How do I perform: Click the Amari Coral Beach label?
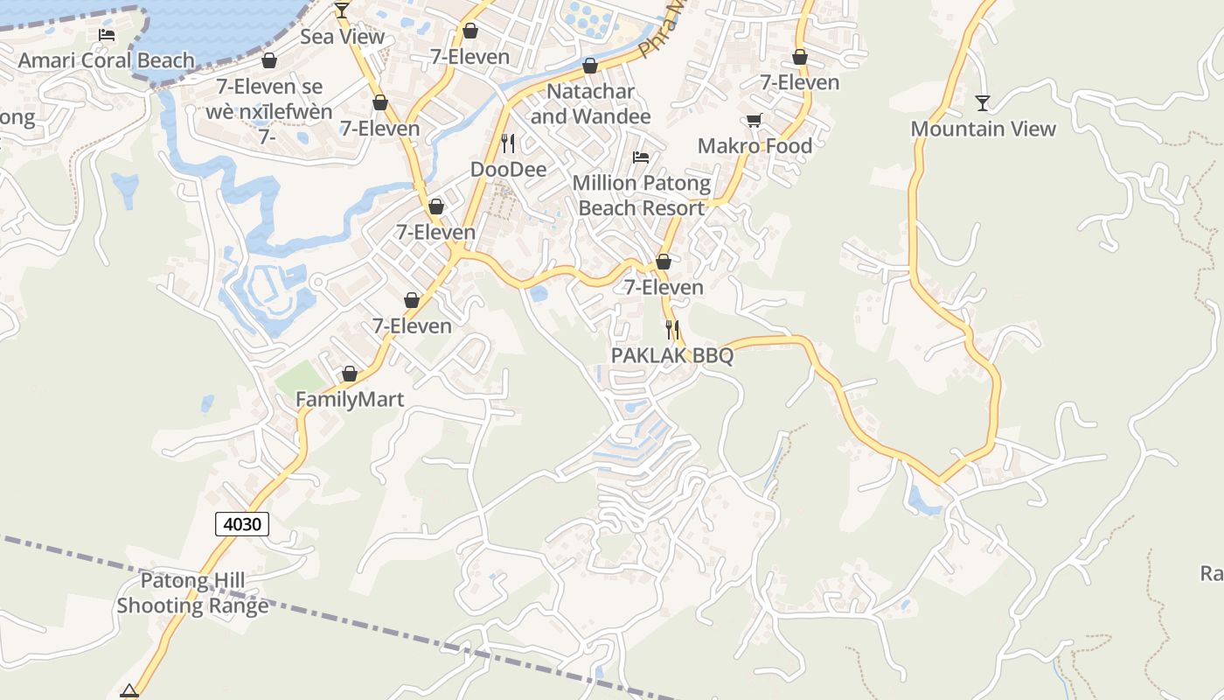(107, 60)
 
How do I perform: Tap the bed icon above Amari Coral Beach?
(107, 35)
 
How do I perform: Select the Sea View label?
(342, 37)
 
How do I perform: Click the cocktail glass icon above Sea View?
(342, 10)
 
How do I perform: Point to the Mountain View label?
(984, 129)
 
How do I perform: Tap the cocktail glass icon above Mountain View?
(983, 103)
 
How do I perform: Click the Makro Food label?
(755, 146)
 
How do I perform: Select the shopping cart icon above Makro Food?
(754, 120)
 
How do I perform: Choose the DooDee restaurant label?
(509, 169)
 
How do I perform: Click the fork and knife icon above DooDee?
(508, 143)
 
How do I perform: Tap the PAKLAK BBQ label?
(672, 356)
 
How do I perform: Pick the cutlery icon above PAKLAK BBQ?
(672, 330)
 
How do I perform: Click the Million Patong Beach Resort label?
(642, 195)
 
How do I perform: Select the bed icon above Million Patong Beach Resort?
(641, 157)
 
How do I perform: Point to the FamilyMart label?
(350, 400)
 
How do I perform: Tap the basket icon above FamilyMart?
(350, 374)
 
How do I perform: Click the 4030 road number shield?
(242, 524)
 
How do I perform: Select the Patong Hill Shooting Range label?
(192, 592)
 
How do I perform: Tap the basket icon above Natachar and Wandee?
(590, 66)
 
